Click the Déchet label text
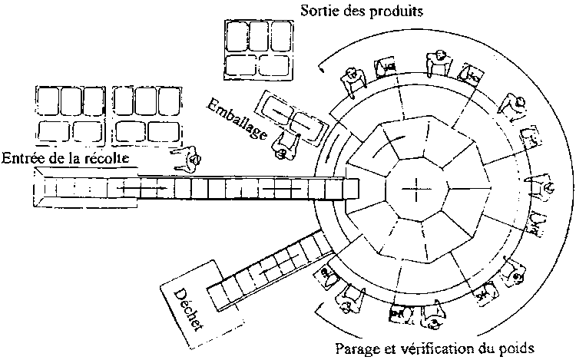point(187,310)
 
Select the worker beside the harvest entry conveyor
point(187,159)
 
